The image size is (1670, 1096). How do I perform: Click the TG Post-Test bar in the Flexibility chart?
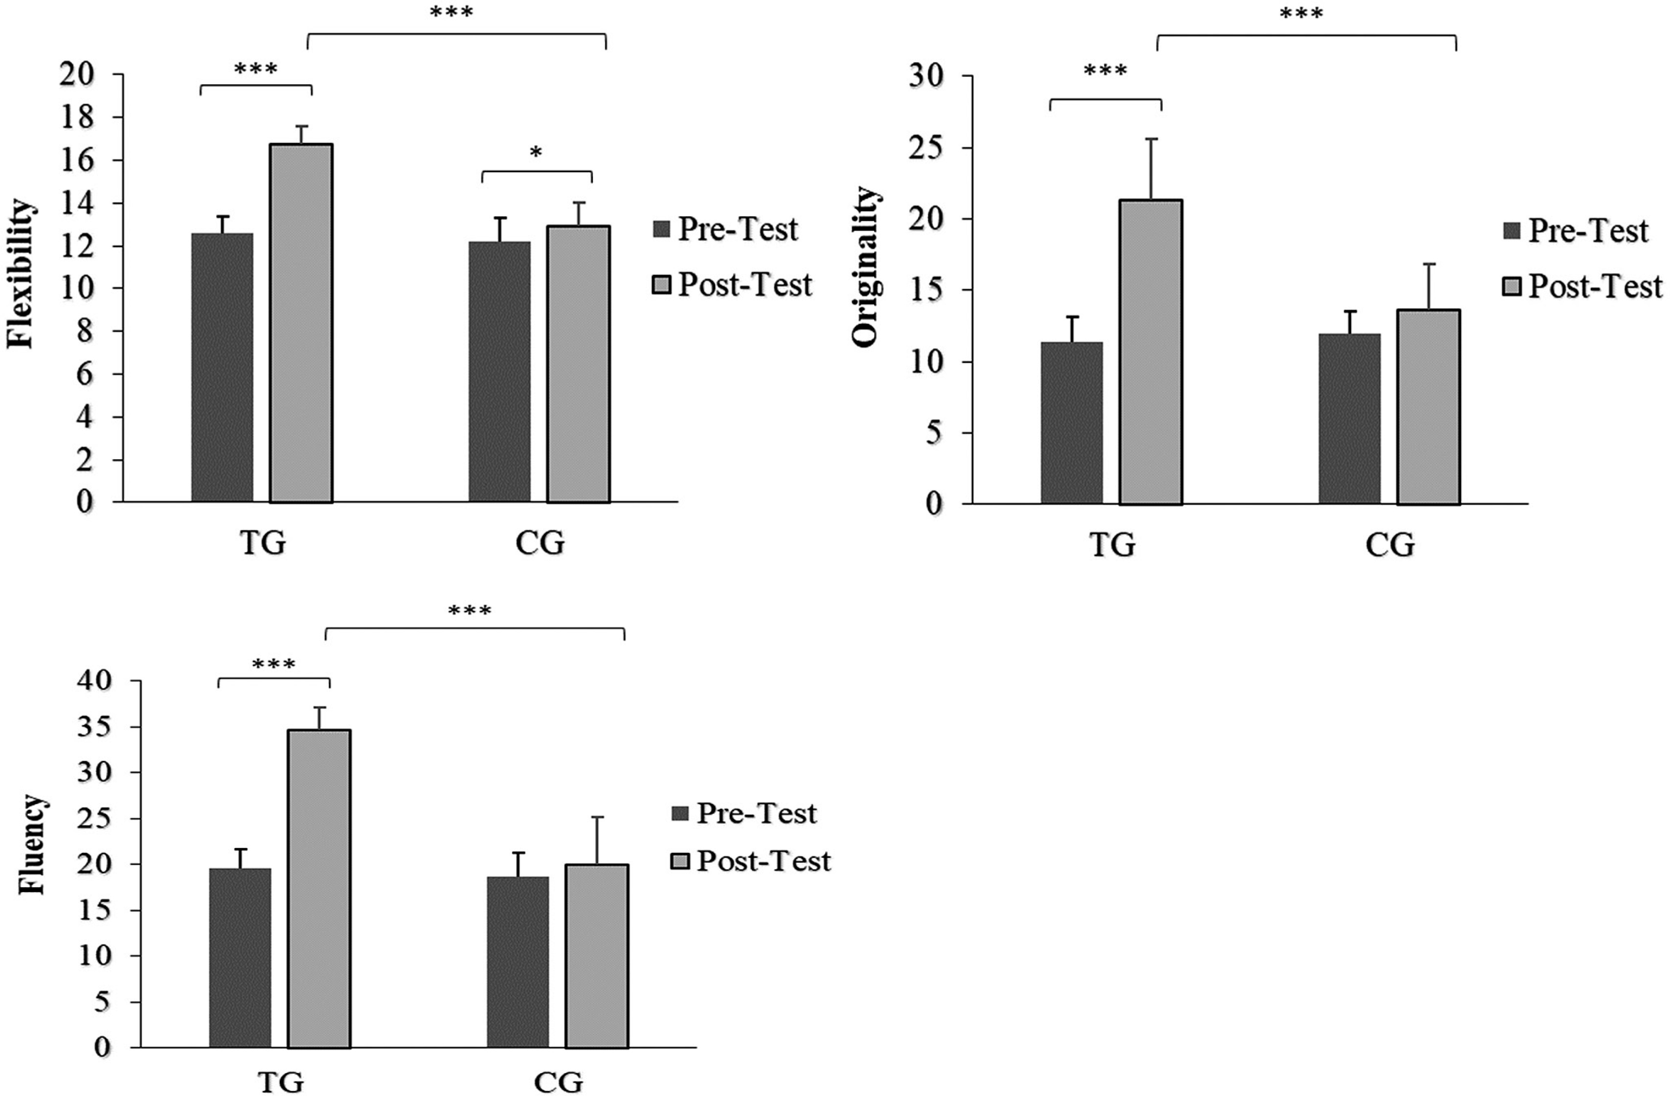301,323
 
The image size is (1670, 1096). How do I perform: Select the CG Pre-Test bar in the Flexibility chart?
499,372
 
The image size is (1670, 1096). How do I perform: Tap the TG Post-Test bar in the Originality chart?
1151,351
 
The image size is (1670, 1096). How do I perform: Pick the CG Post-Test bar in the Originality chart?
1429,407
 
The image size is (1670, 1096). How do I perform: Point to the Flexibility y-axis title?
21,274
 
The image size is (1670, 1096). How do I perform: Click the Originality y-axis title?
865,267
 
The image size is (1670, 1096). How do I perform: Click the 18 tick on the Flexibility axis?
77,117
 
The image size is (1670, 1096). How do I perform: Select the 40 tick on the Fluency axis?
95,681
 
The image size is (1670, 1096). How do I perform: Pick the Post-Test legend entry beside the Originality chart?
1582,286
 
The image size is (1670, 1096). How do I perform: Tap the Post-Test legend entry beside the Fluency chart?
751,861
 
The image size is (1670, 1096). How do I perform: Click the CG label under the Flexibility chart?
540,542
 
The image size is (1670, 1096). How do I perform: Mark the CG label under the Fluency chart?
559,1081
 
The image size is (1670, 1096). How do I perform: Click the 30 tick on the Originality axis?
927,76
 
